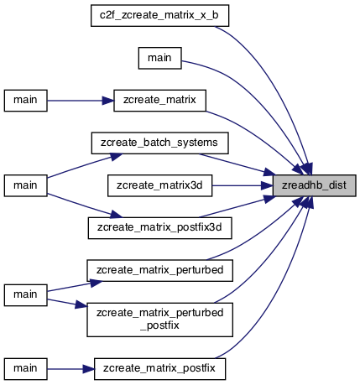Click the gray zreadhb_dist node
pos(315,185)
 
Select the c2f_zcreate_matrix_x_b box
pos(159,15)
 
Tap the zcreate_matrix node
pos(159,101)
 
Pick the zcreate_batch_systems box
pos(159,143)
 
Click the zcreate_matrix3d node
pos(159,185)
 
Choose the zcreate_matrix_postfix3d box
pos(159,228)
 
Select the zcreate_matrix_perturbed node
pos(159,270)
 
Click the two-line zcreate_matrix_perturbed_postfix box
pos(159,320)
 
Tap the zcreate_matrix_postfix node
pos(159,369)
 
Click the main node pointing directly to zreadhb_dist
pos(159,58)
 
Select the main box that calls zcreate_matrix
pos(25,101)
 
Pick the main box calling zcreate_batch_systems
pos(25,185)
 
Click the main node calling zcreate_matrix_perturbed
pos(25,295)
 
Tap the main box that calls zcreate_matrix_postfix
pos(25,369)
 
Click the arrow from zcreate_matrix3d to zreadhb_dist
pos(243,185)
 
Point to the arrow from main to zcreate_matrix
pos(81,101)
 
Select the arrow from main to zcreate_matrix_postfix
pos(70,369)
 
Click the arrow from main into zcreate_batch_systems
pos(85,165)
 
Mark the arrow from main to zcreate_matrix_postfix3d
pos(85,206)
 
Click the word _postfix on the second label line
pos(159,325)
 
